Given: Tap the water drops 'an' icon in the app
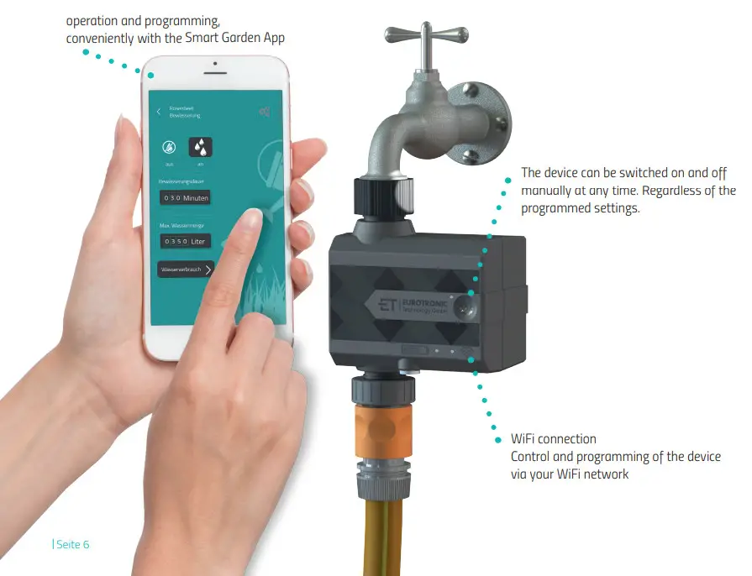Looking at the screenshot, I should (200, 148).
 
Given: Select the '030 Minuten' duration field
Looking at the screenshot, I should (185, 198).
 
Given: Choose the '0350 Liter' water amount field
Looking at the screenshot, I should (185, 241).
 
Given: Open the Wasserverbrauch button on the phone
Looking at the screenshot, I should (186, 269).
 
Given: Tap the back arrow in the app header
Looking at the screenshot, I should (159, 112).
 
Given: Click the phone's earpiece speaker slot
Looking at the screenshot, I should (216, 65).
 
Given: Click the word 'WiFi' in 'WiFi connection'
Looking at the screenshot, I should (525, 439).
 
